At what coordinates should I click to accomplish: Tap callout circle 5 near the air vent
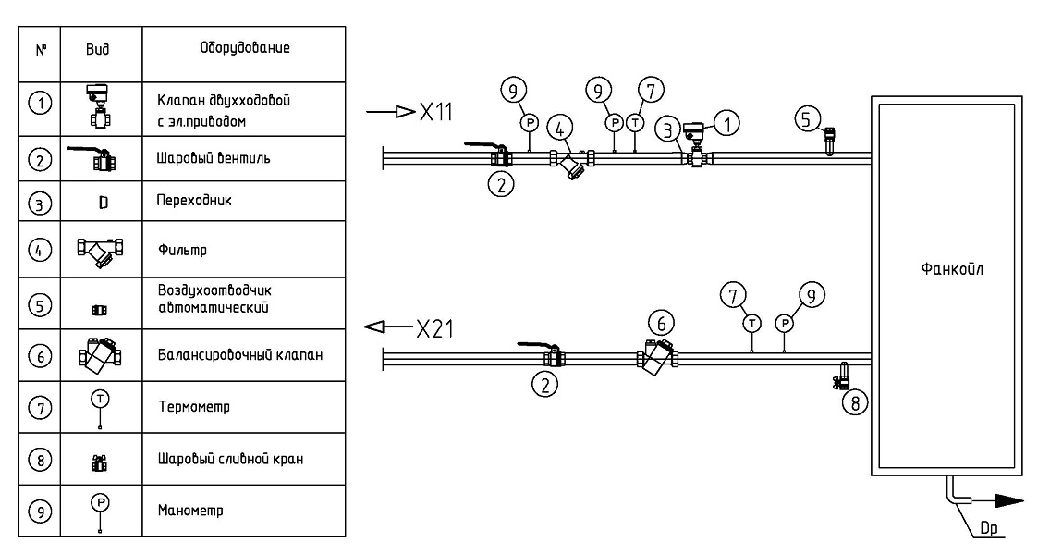[x=811, y=118]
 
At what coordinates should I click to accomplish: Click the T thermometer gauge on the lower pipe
[x=751, y=323]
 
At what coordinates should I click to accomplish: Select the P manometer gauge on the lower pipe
[x=784, y=323]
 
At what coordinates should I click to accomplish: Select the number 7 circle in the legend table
[x=33, y=406]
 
